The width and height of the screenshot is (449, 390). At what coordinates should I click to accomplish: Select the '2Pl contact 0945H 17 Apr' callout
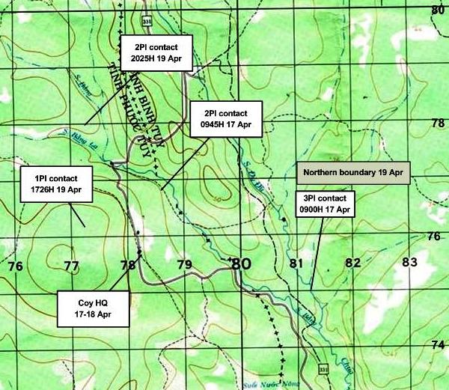[x=226, y=118]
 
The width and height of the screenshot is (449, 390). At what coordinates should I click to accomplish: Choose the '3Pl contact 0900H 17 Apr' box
[x=326, y=204]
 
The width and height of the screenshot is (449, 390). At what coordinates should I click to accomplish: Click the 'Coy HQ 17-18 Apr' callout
[x=94, y=309]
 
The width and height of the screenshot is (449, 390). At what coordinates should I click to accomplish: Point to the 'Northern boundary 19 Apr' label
[x=354, y=173]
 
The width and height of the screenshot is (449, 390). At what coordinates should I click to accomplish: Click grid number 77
[x=72, y=266]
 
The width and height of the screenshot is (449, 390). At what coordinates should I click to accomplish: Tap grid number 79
[x=185, y=265]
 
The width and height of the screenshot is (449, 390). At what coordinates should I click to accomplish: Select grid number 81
[x=296, y=263]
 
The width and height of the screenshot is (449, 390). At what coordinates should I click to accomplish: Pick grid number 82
[x=352, y=263]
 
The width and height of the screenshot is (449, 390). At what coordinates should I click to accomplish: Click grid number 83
[x=409, y=263]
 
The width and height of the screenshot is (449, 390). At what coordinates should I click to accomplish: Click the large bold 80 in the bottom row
[x=240, y=264]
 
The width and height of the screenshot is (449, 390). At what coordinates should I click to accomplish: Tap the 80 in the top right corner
[x=439, y=9]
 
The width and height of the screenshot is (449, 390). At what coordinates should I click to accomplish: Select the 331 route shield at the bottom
[x=323, y=370]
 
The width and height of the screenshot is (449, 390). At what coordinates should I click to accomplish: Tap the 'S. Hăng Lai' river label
[x=78, y=135]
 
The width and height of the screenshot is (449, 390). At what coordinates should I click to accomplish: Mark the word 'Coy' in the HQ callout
[x=85, y=303]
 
